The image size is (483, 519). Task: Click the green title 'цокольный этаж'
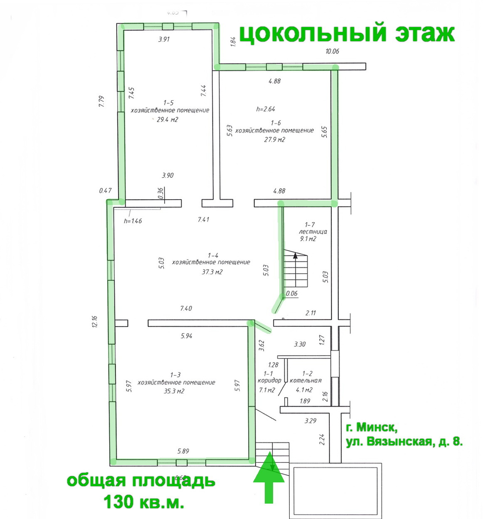(347, 34)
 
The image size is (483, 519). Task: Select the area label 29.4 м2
(168, 120)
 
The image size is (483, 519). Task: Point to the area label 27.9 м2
(275, 139)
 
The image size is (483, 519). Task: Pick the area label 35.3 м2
(174, 391)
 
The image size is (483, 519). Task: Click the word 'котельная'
(306, 381)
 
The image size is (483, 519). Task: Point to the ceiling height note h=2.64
(266, 109)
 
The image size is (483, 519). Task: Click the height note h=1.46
(133, 221)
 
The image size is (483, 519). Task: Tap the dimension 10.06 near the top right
(332, 52)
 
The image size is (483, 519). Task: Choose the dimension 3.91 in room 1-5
(164, 40)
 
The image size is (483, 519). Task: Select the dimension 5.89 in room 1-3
(183, 451)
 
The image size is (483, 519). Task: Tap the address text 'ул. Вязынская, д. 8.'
(404, 441)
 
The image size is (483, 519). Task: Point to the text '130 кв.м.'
(144, 502)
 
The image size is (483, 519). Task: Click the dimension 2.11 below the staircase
(310, 313)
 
